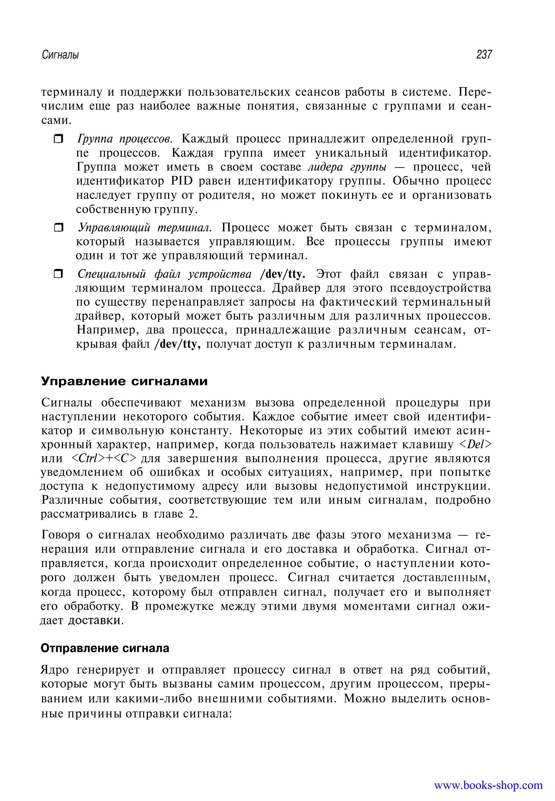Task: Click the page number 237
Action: click(x=484, y=55)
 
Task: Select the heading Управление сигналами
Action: click(x=124, y=381)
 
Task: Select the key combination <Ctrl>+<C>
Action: click(x=103, y=459)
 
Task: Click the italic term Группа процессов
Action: click(x=124, y=139)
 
